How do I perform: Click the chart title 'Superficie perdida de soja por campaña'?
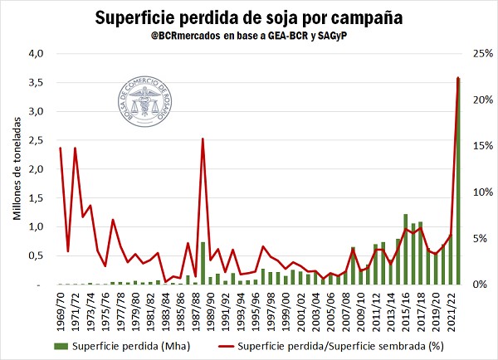[x=249, y=17]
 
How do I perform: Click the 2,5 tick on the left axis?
[x=35, y=140]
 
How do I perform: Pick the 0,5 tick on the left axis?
[x=35, y=255]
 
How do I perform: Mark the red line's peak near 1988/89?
[x=203, y=139]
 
